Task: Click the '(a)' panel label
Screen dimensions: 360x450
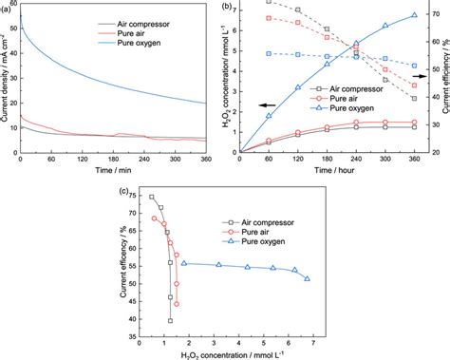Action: [x=8, y=7]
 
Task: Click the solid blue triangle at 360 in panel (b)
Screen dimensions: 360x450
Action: [x=413, y=15]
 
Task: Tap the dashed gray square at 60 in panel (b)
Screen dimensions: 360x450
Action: [x=269, y=2]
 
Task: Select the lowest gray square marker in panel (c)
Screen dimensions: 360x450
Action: [x=170, y=321]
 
